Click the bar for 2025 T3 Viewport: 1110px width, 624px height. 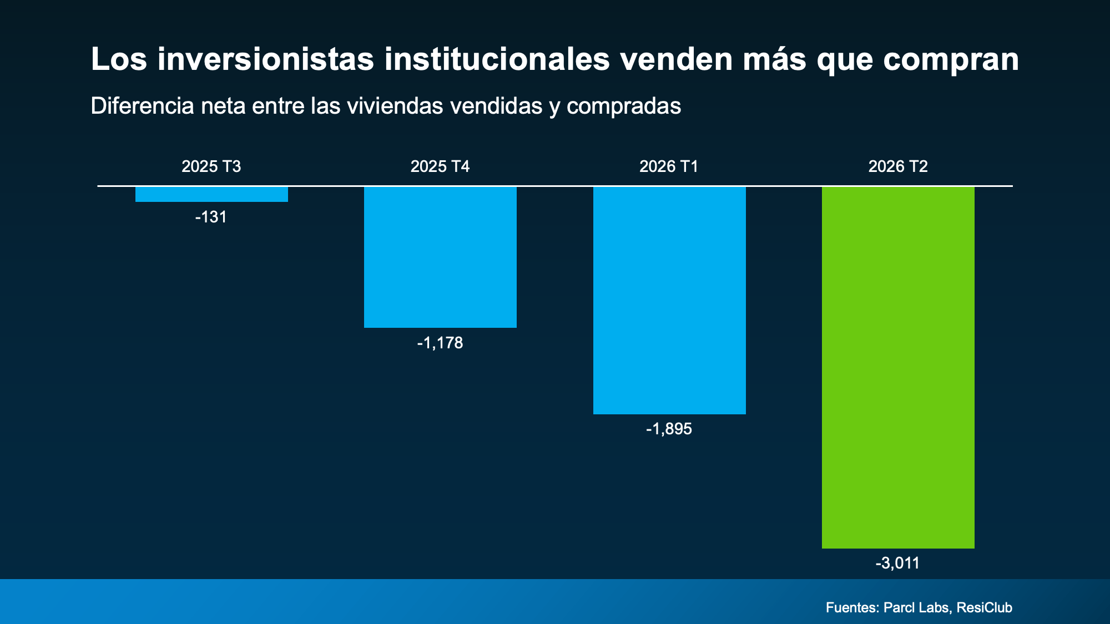(211, 194)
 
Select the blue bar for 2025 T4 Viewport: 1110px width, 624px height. (440, 257)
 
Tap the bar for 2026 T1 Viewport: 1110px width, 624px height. (669, 301)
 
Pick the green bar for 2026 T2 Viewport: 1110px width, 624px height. (898, 368)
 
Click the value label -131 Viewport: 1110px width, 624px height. (211, 217)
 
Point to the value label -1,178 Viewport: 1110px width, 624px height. (440, 343)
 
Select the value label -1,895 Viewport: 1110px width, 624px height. (669, 429)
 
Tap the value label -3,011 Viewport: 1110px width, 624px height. (897, 564)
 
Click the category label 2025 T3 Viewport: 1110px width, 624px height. (211, 166)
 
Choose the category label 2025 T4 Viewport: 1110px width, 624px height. (440, 166)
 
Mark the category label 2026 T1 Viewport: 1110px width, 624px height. (669, 166)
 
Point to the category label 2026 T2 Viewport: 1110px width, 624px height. (898, 166)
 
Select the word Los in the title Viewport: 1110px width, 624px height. (119, 59)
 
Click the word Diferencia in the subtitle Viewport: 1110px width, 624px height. (142, 106)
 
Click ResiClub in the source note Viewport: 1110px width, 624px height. (985, 608)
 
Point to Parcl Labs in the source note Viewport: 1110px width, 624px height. (916, 608)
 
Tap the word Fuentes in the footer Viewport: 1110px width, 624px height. (851, 608)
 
